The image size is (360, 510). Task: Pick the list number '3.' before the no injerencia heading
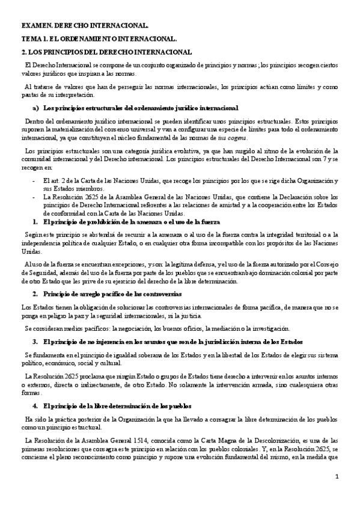[35, 341]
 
